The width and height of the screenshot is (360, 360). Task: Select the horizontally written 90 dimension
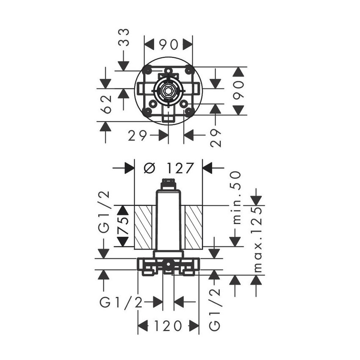[169, 44]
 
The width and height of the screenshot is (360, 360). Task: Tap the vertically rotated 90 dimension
[239, 90]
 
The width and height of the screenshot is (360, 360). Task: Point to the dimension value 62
[106, 105]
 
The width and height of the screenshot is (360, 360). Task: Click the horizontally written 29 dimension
[137, 136]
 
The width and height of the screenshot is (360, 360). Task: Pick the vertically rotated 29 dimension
[216, 138]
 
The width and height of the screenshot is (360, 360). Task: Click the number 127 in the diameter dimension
[180, 168]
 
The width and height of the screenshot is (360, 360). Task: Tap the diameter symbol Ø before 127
[150, 168]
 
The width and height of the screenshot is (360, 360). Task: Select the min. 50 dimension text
[237, 197]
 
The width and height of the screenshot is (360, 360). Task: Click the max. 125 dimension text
[258, 239]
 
